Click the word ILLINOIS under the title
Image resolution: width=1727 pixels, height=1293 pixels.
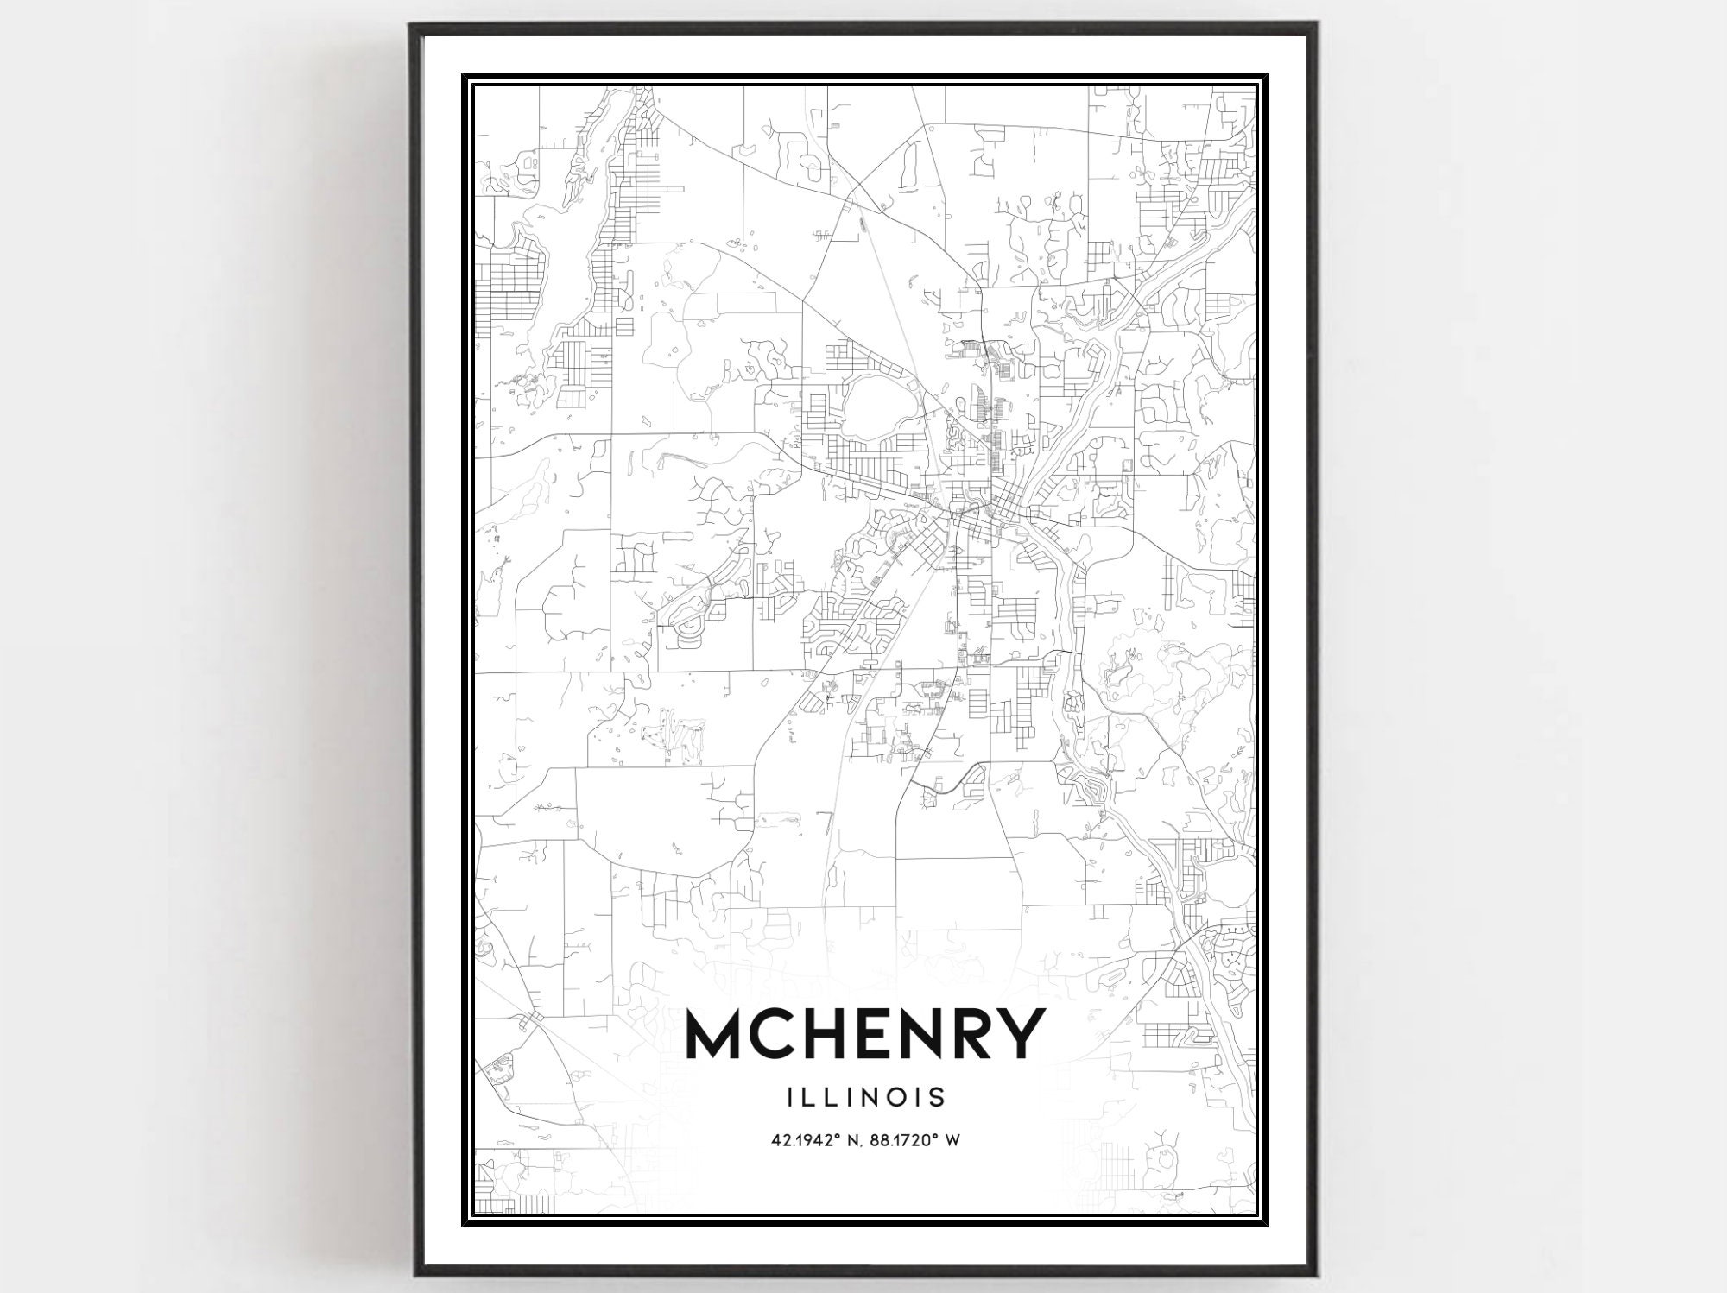pyautogui.click(x=866, y=1097)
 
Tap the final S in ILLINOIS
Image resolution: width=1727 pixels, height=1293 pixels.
pyautogui.click(x=937, y=1097)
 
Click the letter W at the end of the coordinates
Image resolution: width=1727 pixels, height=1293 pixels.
pyautogui.click(x=952, y=1141)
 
